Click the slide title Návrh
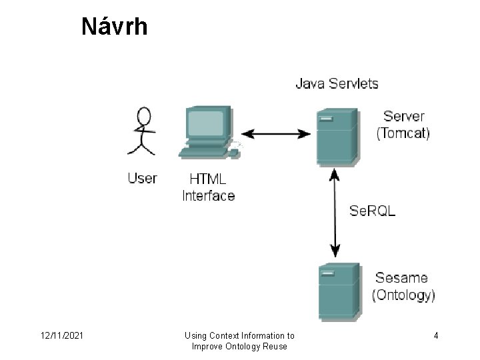tap(114, 27)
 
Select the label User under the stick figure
tap(142, 178)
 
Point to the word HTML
tap(207, 179)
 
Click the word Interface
tap(208, 195)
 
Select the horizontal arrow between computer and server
tap(275, 134)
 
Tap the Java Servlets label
tap(337, 84)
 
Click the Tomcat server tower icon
tap(337, 137)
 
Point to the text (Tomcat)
tap(403, 133)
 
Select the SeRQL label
tap(373, 211)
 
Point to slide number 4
tap(435, 336)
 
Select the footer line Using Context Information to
tap(239, 336)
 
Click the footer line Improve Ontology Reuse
tap(239, 346)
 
